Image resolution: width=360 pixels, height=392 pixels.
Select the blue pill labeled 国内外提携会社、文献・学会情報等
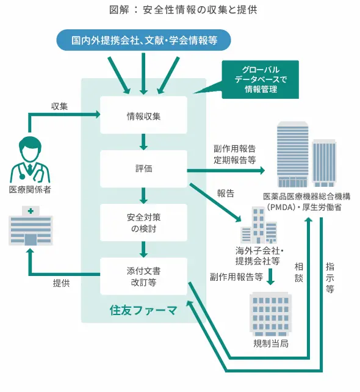pyautogui.click(x=144, y=41)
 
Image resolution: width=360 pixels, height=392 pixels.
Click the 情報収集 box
pyautogui.click(x=143, y=115)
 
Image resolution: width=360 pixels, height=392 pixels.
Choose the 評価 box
pyautogui.click(x=143, y=169)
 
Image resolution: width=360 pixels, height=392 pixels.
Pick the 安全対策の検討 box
pyautogui.click(x=143, y=222)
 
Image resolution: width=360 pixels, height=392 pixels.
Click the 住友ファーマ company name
pyautogui.click(x=143, y=310)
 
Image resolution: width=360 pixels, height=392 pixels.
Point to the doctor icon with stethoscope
pyautogui.click(x=29, y=158)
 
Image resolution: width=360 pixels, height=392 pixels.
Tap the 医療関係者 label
pyautogui.click(x=29, y=189)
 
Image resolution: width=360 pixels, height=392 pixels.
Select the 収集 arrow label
pyautogui.click(x=59, y=106)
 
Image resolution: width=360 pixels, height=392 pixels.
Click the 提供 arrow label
pyautogui.click(x=61, y=283)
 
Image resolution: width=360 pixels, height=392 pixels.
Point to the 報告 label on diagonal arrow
pyautogui.click(x=226, y=194)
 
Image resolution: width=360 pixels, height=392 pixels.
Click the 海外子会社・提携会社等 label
pyautogui.click(x=257, y=255)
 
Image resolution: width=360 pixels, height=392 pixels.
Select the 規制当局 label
pyautogui.click(x=270, y=344)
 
